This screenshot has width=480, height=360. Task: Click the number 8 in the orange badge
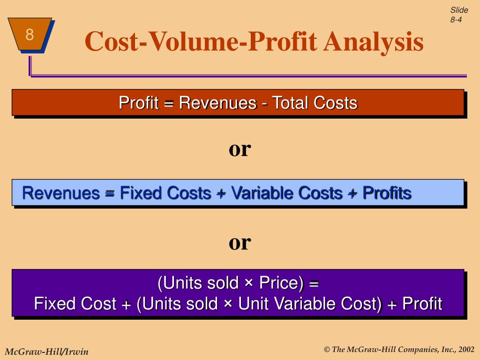coord(30,34)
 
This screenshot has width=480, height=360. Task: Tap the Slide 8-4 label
coord(459,15)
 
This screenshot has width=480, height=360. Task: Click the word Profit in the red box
coord(138,103)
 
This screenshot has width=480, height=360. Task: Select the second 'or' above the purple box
coord(240,242)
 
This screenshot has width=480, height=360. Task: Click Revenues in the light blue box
coord(61,193)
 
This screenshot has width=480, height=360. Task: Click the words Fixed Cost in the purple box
coord(75,304)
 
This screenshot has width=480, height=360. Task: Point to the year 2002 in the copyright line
coord(466,349)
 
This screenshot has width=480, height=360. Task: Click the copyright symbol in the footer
coord(327,350)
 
